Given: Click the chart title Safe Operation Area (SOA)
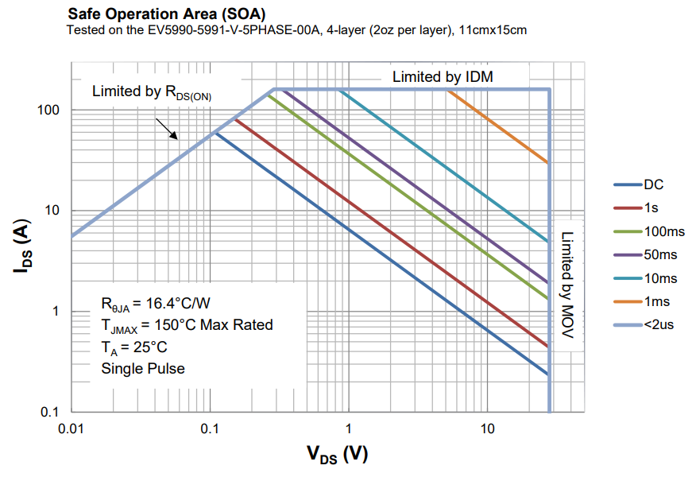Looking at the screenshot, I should pos(166,14).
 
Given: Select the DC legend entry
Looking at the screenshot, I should pos(653,185).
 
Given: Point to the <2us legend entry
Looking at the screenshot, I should pos(659,325).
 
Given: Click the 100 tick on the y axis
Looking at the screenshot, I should pos(49,110).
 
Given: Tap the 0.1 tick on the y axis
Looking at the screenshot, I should pos(52,412).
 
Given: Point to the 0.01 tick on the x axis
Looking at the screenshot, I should pos(72,429).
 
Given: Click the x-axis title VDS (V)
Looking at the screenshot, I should pos(338,455).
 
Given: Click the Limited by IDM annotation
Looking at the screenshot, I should pos(443,77).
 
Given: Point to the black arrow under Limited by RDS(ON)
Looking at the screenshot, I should pos(167,129).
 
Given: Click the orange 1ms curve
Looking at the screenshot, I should pos(501,127).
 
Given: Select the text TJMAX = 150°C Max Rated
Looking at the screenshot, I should pos(187,325).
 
